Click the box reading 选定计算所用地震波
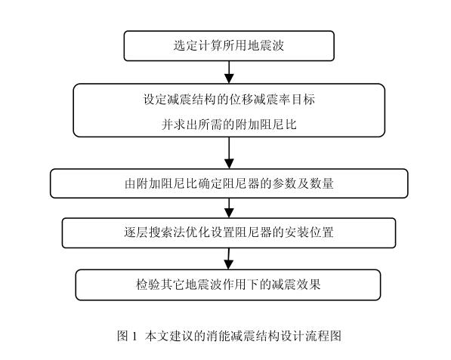(229, 46)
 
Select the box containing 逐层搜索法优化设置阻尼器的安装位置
(229, 232)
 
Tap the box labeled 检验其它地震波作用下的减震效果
(228, 285)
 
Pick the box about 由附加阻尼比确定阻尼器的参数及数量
(229, 183)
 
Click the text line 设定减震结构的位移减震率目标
(229, 100)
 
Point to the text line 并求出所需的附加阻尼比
(229, 125)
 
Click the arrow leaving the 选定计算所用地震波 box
(229, 72)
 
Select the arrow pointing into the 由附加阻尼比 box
(229, 153)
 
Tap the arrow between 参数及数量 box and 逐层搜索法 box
(229, 208)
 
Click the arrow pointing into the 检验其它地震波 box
(229, 259)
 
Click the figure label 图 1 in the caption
(127, 336)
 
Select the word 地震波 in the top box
(266, 45)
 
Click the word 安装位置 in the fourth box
(309, 232)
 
